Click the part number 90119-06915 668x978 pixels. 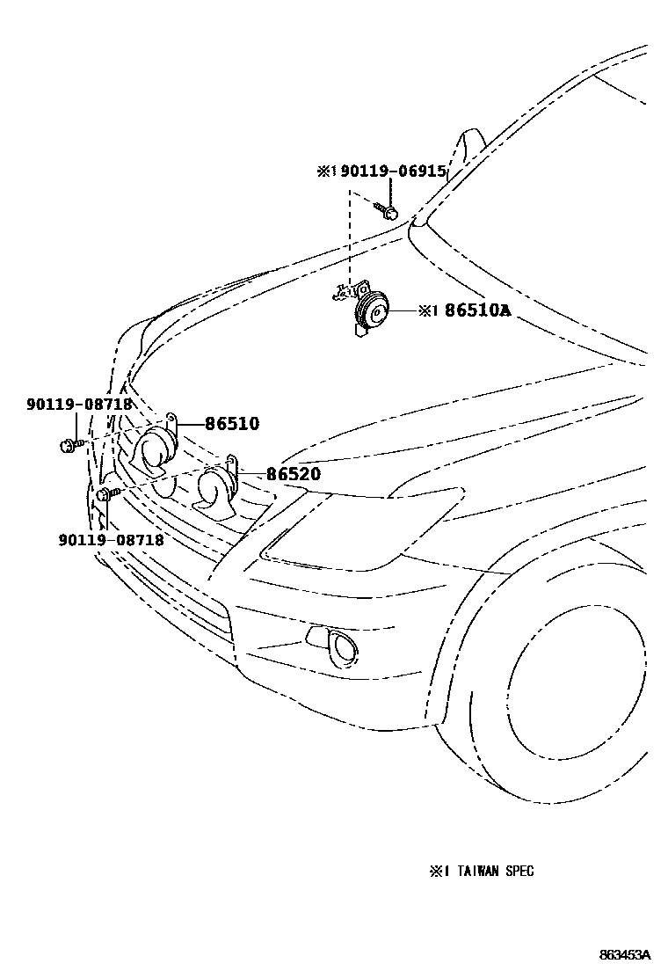click(394, 172)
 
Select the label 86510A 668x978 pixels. click(476, 310)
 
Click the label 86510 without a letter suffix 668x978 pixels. click(232, 423)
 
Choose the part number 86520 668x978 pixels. click(294, 474)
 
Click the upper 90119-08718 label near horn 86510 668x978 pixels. click(78, 405)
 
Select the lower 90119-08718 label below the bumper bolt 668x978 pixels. click(111, 540)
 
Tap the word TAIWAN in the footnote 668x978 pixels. click(476, 872)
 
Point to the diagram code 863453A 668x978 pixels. click(626, 955)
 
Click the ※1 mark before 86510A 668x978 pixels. click(427, 310)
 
